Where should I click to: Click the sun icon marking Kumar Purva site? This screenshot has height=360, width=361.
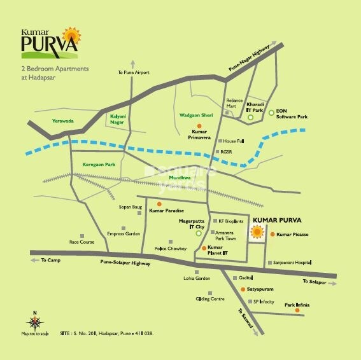pos(257,233)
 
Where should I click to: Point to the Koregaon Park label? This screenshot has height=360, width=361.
pos(97,164)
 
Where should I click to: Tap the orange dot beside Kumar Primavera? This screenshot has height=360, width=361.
pos(199,127)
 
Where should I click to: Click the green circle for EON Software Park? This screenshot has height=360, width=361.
pos(271,113)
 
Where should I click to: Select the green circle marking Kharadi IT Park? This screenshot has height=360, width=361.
pos(251,118)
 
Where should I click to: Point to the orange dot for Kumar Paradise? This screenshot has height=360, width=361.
pos(159,204)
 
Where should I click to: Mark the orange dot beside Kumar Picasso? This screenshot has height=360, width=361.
pos(273,235)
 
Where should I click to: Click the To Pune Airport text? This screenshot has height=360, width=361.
pos(133,73)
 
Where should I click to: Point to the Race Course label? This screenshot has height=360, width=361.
pos(81,242)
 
